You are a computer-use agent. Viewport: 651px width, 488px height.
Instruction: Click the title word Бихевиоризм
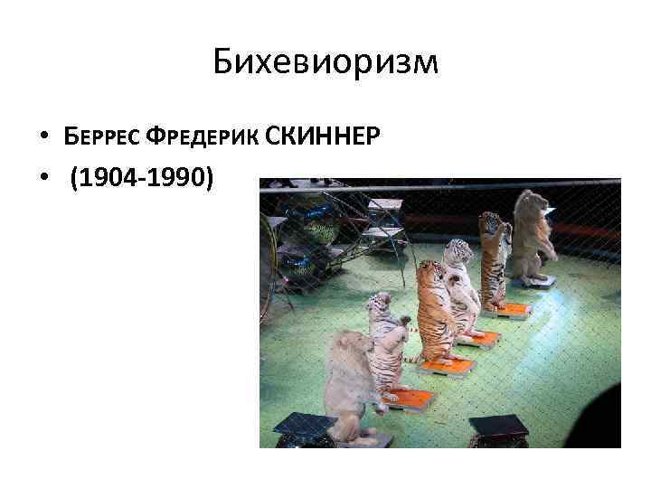point(325,62)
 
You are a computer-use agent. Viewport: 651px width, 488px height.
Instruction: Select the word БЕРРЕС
point(99,137)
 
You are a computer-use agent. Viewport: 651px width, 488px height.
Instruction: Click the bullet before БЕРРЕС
point(44,138)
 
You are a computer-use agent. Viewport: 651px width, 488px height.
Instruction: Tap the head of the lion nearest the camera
point(347,349)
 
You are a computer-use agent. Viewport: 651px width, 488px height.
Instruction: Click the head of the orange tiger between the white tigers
point(428,272)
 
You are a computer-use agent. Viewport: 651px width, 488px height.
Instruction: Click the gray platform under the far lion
point(540,281)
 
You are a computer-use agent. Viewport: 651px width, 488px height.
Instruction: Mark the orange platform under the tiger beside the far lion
point(511,309)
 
